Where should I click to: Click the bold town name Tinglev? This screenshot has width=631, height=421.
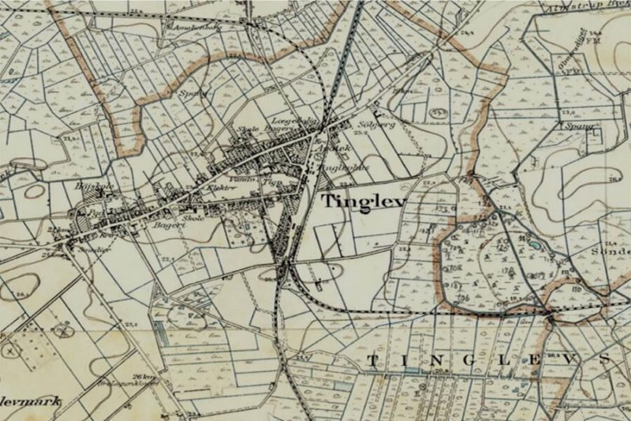[x=364, y=201]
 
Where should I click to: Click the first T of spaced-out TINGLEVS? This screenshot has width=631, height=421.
[x=371, y=361]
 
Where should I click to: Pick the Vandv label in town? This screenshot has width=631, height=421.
[x=240, y=180]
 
